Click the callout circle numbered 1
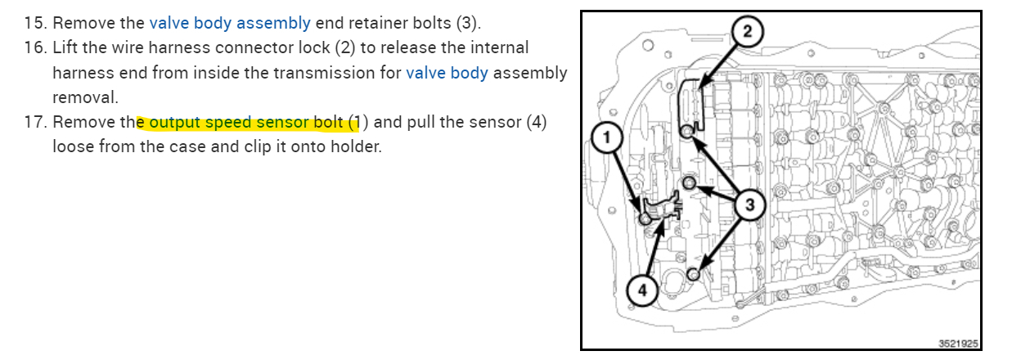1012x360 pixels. [605, 139]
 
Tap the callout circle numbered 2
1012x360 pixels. [747, 31]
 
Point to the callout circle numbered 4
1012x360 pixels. [643, 290]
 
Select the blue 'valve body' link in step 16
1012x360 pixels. [447, 72]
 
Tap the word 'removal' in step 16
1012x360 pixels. [85, 97]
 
